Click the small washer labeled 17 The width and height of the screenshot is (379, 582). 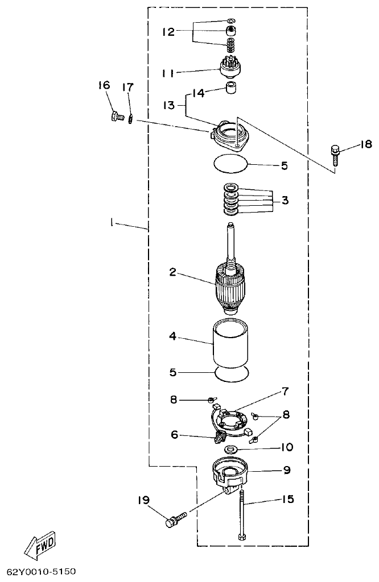click(x=131, y=119)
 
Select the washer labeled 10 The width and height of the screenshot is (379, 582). click(x=231, y=450)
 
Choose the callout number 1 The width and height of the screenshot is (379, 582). click(x=112, y=224)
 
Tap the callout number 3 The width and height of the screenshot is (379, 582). click(x=285, y=200)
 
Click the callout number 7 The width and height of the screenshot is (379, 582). click(x=284, y=392)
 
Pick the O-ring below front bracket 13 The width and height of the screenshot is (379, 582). click(x=231, y=165)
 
